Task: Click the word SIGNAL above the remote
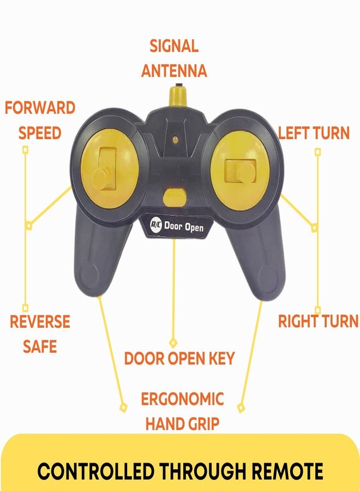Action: (x=174, y=46)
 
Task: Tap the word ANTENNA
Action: (x=174, y=71)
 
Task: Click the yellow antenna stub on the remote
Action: (x=177, y=95)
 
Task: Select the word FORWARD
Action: (x=40, y=108)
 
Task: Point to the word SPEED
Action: (x=40, y=133)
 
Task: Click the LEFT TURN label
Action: (x=314, y=133)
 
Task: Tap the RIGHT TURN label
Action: (x=319, y=321)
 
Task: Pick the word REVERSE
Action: (x=40, y=322)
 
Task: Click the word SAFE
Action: (x=40, y=346)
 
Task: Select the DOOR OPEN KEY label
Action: (x=179, y=358)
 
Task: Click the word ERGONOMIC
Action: (x=182, y=399)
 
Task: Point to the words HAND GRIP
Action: (x=182, y=424)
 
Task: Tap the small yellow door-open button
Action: (x=175, y=197)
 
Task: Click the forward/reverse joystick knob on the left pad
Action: (x=103, y=177)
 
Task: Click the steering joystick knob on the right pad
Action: (x=247, y=172)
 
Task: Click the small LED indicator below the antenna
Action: (x=176, y=140)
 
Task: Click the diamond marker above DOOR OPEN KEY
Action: (x=173, y=343)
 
